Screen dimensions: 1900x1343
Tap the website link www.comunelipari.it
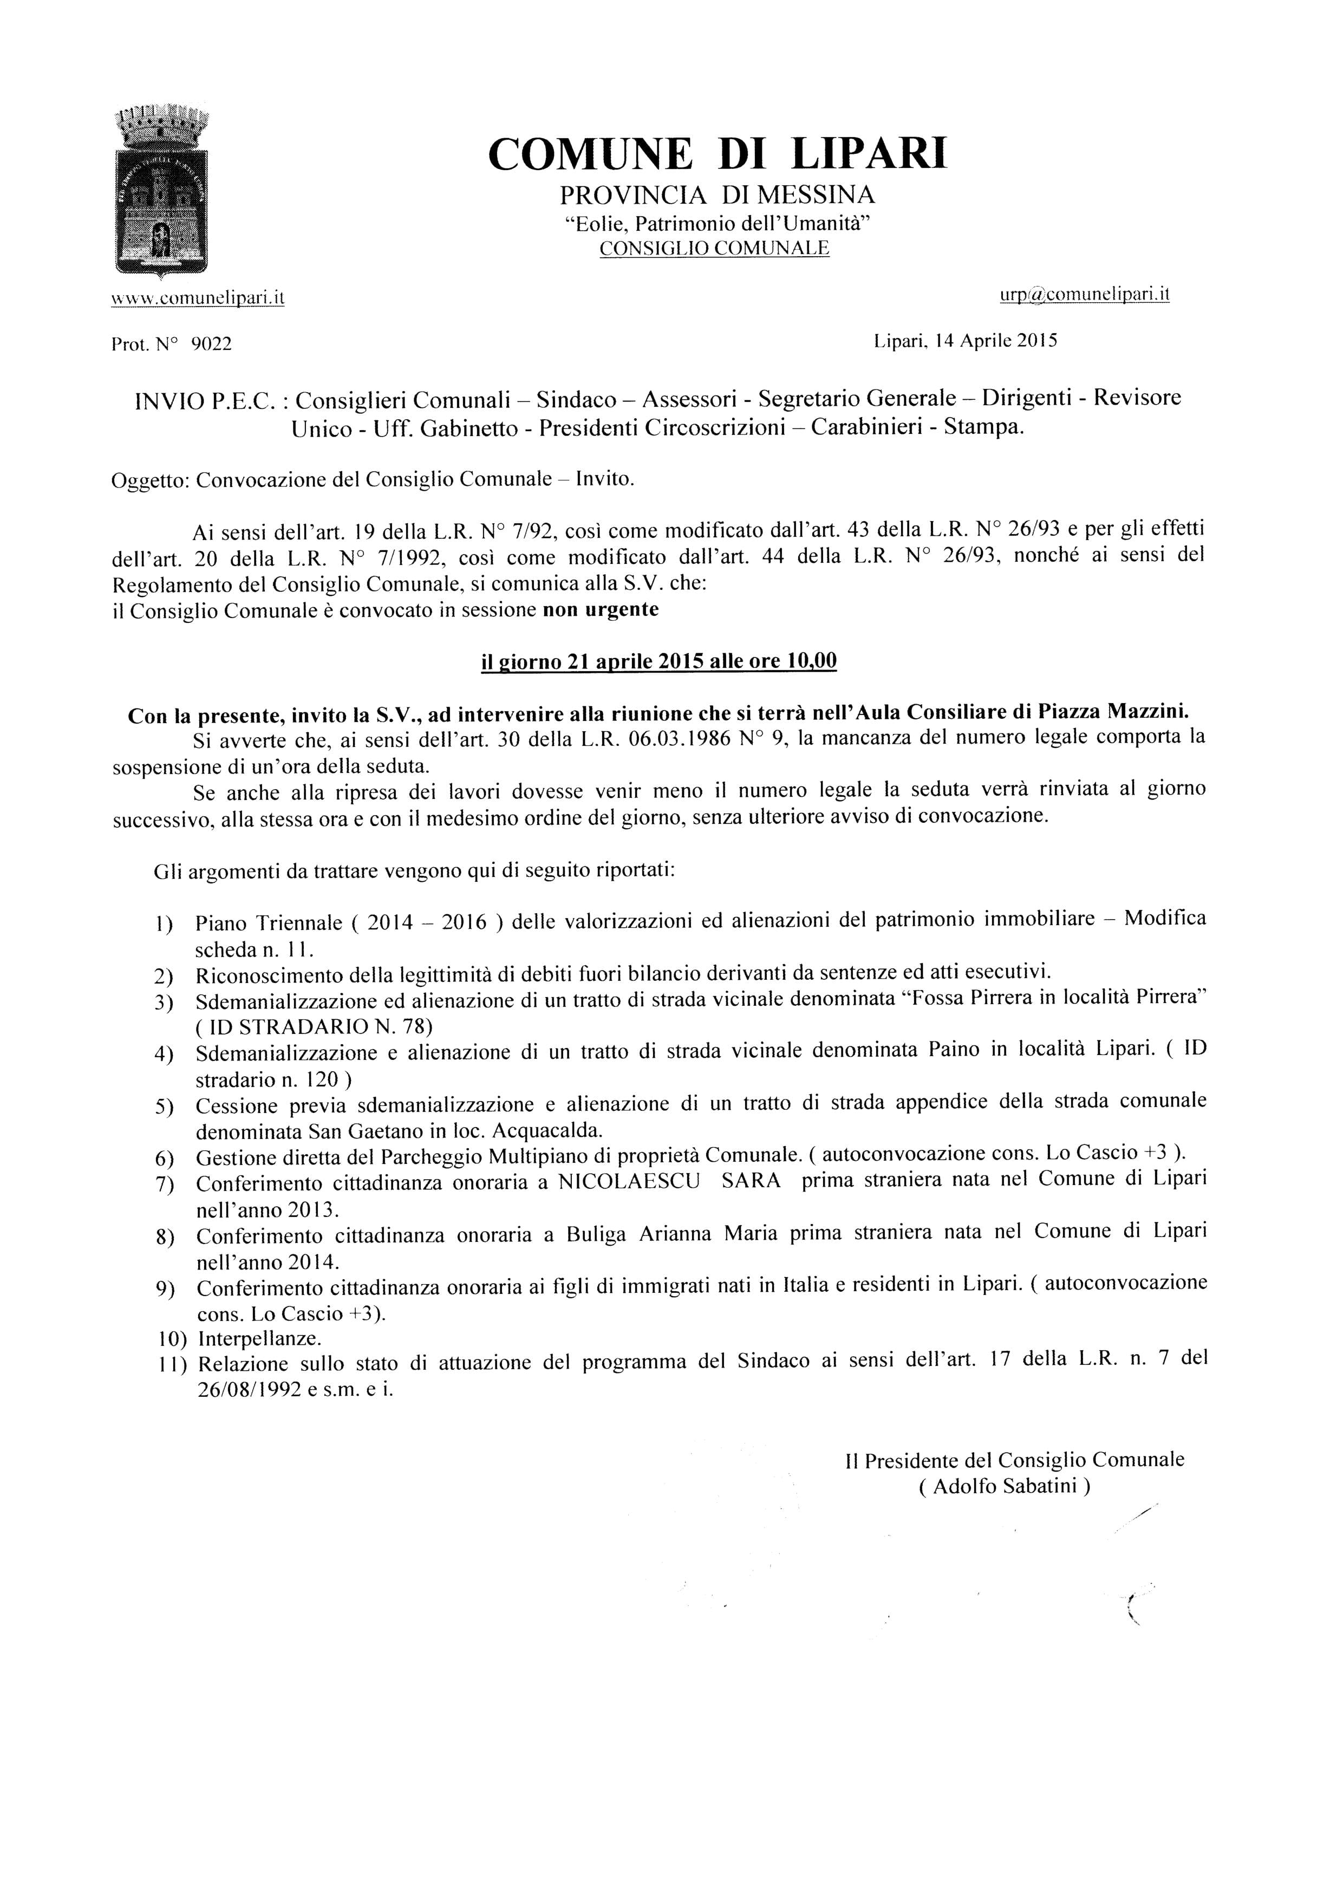(x=198, y=298)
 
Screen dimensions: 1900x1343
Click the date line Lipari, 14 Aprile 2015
(x=965, y=340)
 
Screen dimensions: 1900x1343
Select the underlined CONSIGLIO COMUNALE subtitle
(x=714, y=248)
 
